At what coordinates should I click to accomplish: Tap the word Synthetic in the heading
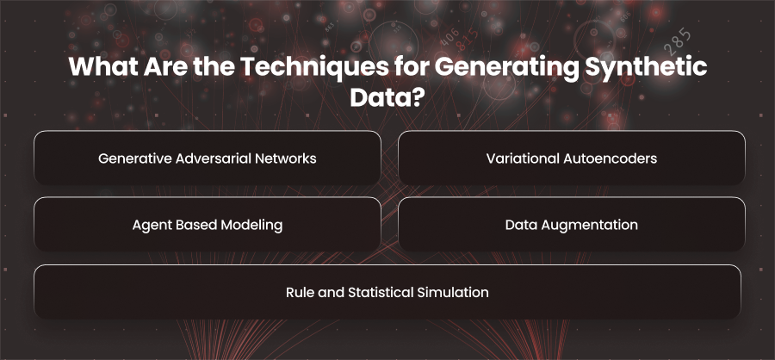point(646,68)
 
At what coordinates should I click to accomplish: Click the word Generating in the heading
point(507,68)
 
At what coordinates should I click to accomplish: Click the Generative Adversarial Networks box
point(207,158)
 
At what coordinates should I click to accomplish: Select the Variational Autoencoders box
point(572,158)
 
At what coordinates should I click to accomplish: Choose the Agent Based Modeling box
point(207,225)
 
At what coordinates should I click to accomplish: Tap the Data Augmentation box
point(572,225)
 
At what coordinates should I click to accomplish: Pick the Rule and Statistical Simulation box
point(387,292)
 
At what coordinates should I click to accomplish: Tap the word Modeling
point(251,226)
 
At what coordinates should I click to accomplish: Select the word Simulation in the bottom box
point(453,292)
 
